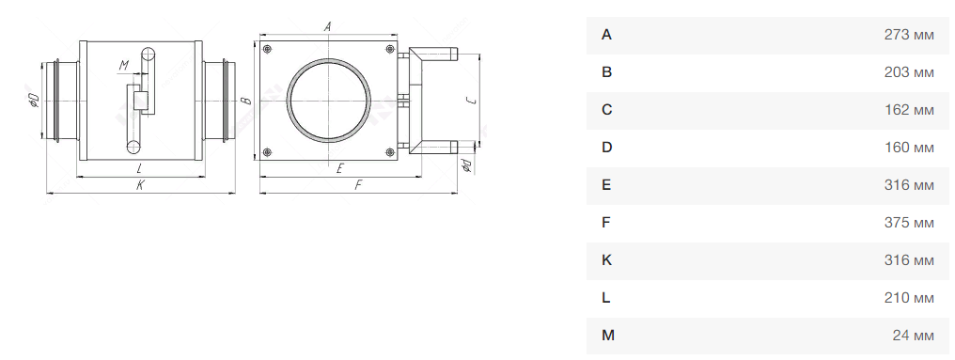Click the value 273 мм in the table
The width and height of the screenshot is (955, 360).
click(x=909, y=36)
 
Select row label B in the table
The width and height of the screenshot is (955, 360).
click(x=606, y=72)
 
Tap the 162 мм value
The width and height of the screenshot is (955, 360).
click(x=909, y=110)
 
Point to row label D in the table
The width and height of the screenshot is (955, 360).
click(x=606, y=148)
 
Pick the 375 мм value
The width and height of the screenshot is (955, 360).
click(x=909, y=223)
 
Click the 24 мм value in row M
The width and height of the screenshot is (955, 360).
click(x=914, y=336)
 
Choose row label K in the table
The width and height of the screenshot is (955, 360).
click(x=606, y=260)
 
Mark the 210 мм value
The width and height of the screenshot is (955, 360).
click(x=909, y=298)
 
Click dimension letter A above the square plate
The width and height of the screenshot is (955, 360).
click(x=328, y=26)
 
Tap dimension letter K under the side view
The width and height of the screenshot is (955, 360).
click(x=140, y=186)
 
